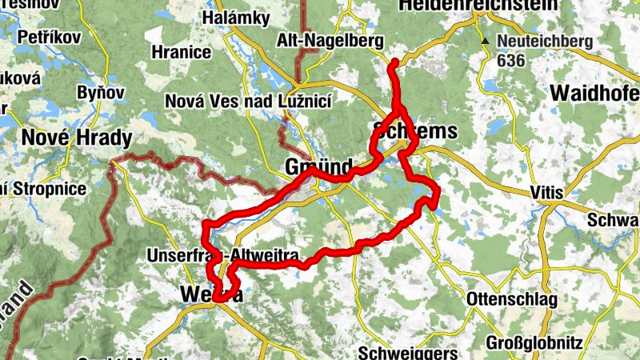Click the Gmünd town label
coord(319,167)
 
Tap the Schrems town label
coord(415,131)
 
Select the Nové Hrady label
coord(76,138)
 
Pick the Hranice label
coord(180,53)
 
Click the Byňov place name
coord(101,93)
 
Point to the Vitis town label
coord(546,193)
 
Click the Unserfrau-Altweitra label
coord(223,256)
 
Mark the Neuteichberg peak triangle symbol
coord(485,39)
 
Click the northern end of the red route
coord(393,62)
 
